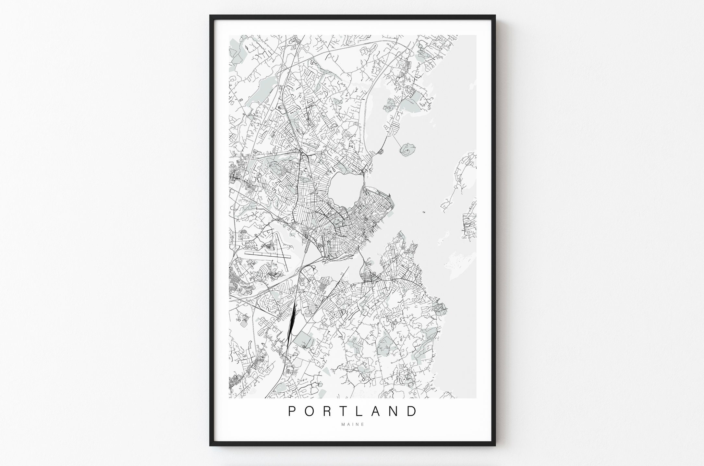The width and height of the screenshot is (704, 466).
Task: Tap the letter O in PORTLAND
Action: click(x=310, y=411)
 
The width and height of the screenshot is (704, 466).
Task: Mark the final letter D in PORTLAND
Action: click(x=413, y=411)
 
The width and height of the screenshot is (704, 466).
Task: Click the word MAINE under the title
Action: click(x=353, y=424)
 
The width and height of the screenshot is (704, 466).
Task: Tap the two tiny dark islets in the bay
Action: click(x=423, y=213)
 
